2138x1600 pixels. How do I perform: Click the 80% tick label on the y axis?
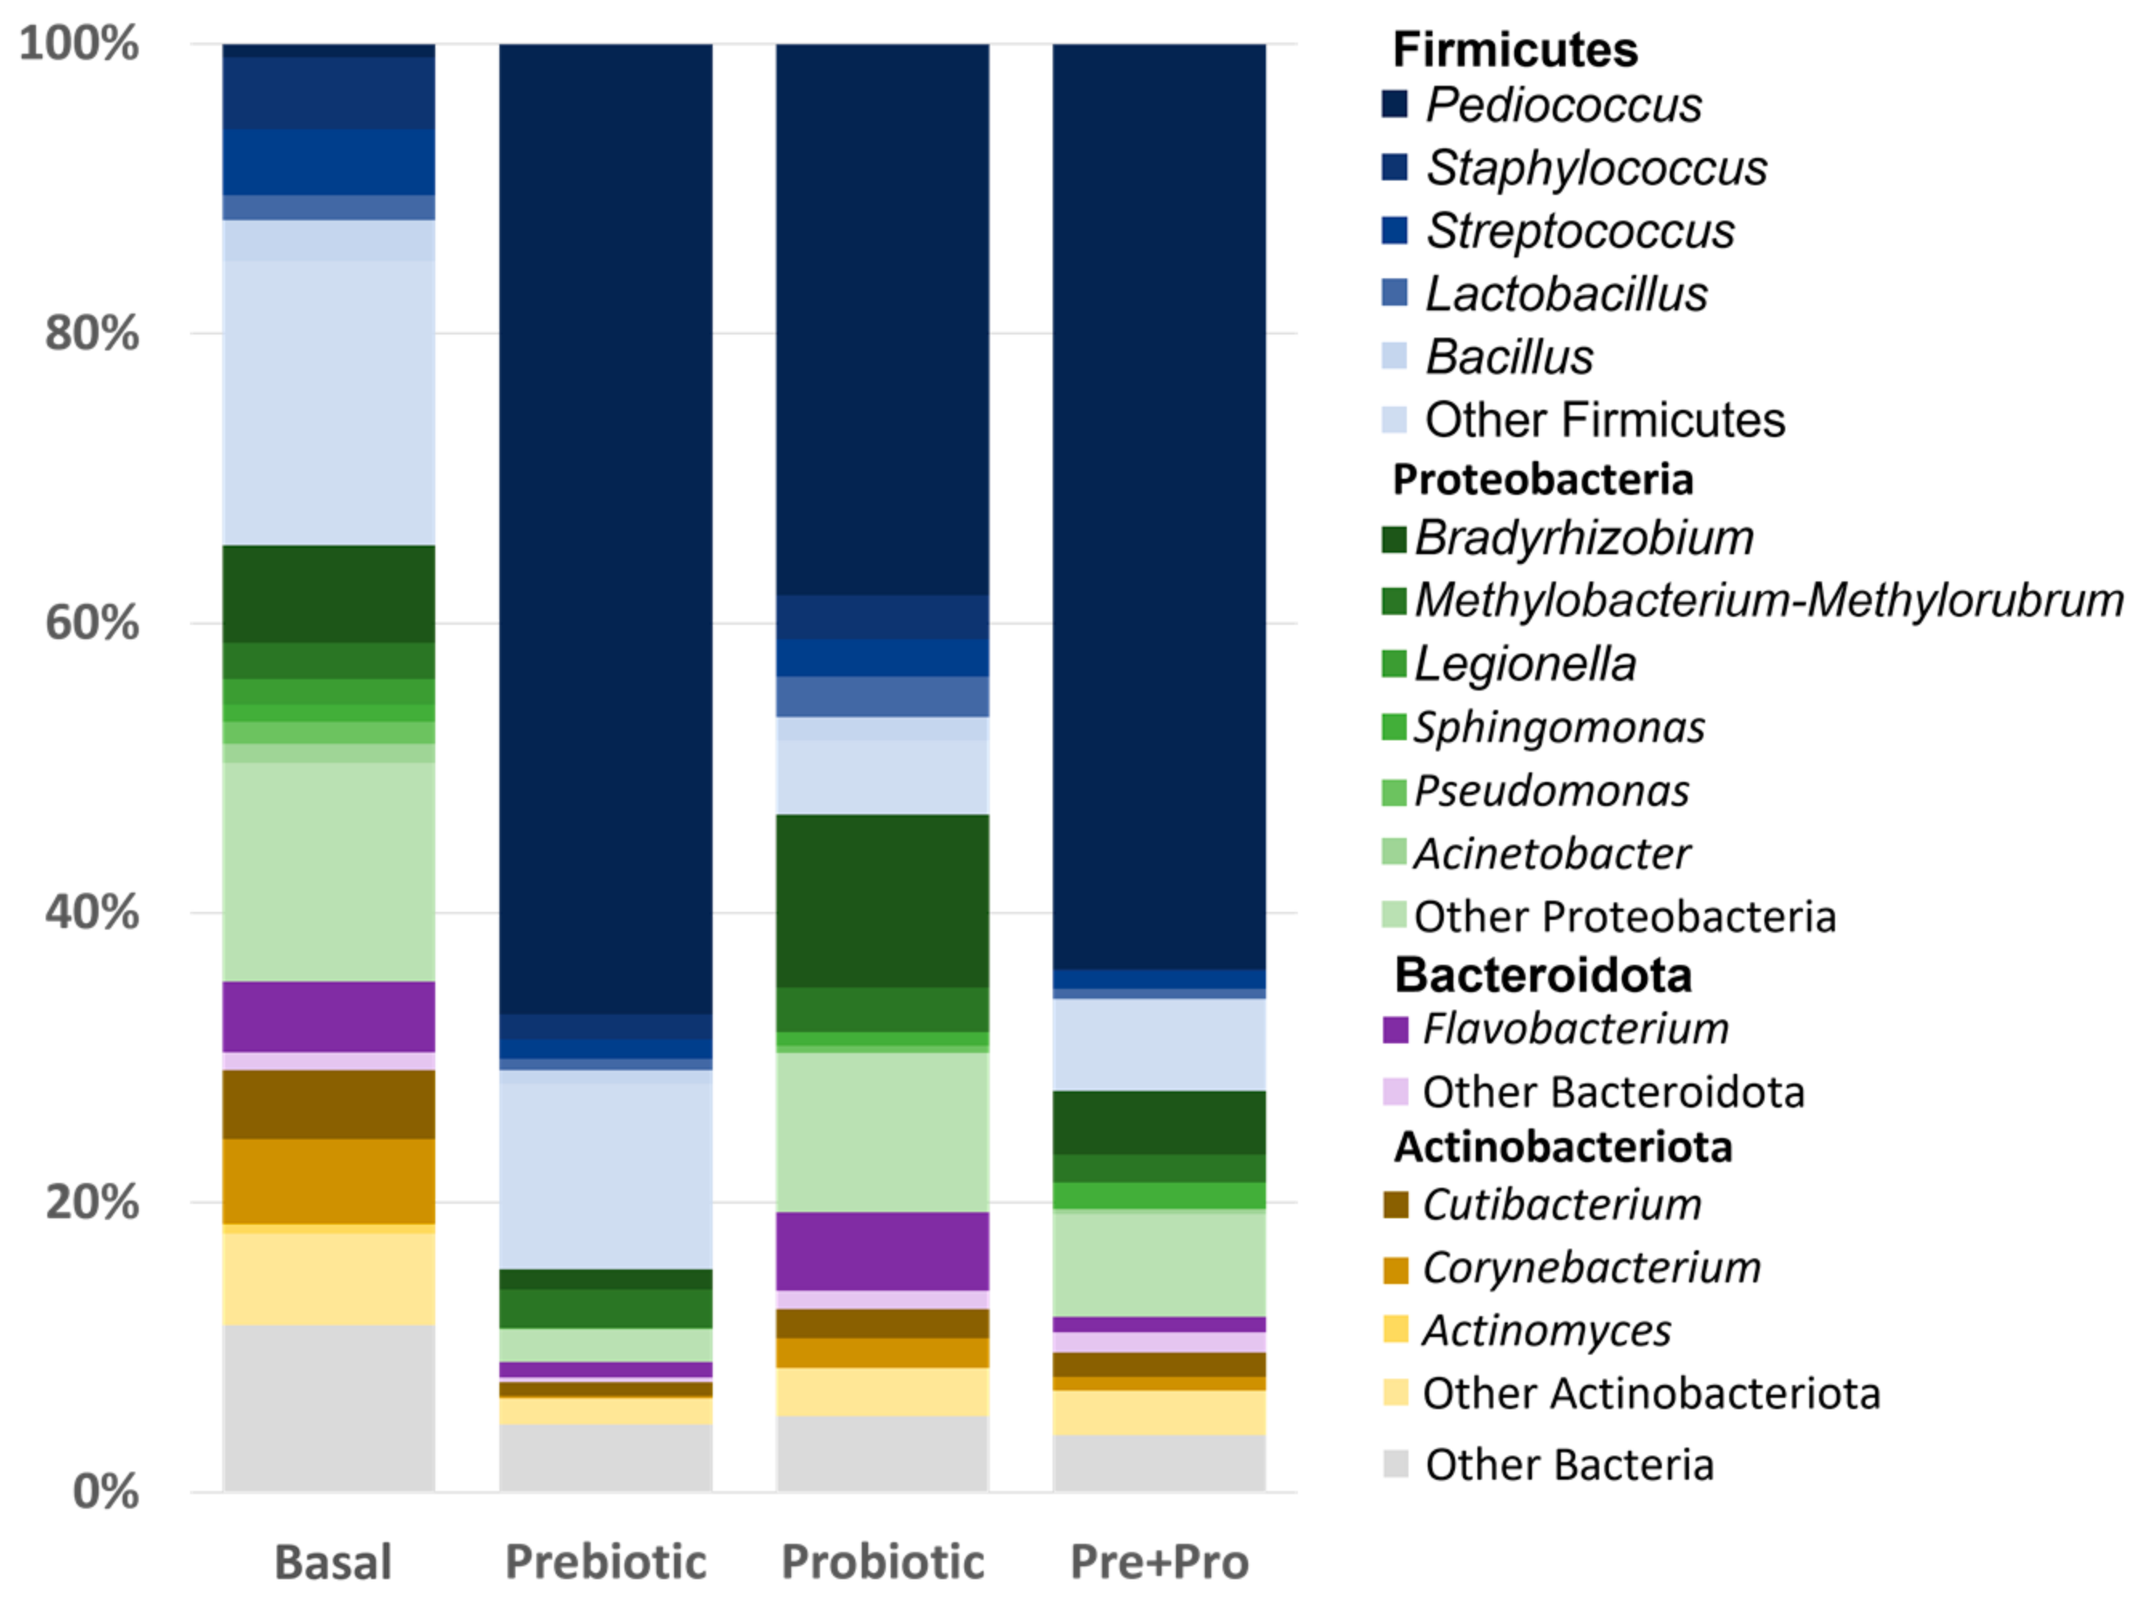(92, 334)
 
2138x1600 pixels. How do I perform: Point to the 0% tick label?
(105, 1492)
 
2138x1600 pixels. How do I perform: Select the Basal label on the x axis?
(333, 1562)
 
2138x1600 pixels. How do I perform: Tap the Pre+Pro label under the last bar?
(1159, 1562)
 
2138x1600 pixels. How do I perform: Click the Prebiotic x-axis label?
(606, 1562)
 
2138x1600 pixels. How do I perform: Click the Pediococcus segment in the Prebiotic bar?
(606, 522)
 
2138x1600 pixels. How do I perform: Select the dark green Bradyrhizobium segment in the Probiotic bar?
(883, 900)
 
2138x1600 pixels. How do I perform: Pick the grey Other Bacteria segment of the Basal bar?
(329, 1408)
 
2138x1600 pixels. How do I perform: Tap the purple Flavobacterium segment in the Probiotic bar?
(883, 1251)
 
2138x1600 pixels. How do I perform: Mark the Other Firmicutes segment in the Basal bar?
(329, 402)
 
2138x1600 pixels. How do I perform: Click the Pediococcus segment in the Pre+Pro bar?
(1159, 503)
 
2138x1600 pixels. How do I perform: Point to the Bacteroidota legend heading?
(1542, 975)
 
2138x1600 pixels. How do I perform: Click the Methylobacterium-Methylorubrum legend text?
(1768, 601)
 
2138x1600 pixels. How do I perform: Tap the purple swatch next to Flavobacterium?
(1395, 1030)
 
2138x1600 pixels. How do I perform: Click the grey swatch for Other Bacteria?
(1395, 1464)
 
